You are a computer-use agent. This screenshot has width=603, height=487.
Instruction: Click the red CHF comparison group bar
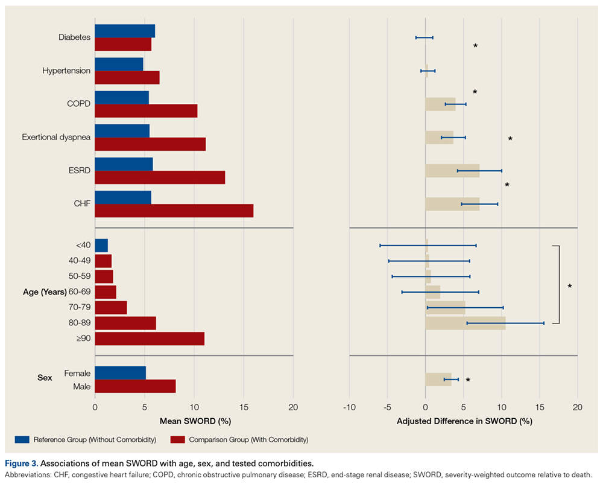[174, 211]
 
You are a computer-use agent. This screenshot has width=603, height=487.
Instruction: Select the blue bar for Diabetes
[125, 31]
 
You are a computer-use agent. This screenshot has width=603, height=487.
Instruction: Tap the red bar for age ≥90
[150, 339]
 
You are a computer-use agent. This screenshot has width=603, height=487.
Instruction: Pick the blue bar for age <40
[101, 245]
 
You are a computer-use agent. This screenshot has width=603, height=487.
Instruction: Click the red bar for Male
[135, 386]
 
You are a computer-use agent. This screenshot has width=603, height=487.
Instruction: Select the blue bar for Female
[120, 373]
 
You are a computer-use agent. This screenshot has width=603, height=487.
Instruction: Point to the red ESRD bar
[160, 177]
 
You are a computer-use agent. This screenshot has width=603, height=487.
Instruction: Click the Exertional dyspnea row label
[56, 137]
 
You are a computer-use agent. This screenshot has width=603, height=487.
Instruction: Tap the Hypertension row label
[66, 71]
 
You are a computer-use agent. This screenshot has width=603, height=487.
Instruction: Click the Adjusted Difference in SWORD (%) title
[464, 421]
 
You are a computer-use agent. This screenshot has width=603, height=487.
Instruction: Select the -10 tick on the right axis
[349, 407]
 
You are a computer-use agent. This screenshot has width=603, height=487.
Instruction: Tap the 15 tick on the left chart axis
[243, 407]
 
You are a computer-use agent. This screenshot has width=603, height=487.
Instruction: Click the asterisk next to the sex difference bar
[467, 380]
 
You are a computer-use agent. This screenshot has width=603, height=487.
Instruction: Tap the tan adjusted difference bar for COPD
[440, 104]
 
